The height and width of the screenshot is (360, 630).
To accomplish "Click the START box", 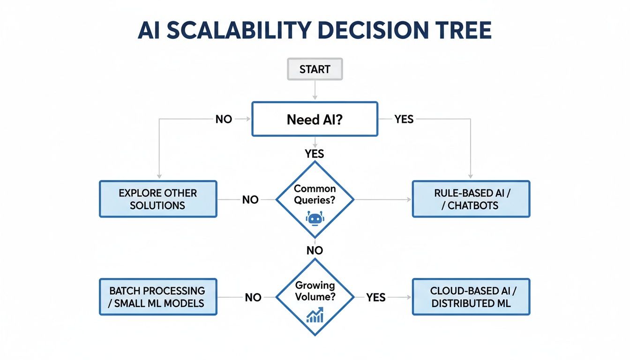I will click(x=315, y=69).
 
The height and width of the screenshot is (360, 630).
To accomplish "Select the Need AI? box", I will click(x=315, y=120).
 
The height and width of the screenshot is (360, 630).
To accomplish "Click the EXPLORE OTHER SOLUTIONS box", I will click(x=158, y=199).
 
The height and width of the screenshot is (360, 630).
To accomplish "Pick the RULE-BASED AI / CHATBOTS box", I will click(x=471, y=199).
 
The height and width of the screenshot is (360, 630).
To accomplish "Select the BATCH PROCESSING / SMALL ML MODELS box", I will click(x=158, y=297).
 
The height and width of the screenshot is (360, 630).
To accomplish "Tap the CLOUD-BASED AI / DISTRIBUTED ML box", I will click(x=471, y=297).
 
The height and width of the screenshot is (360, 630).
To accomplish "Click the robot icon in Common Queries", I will click(x=315, y=218).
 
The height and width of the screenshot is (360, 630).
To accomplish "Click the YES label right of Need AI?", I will click(x=404, y=120).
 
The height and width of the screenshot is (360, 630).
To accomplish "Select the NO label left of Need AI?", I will click(x=224, y=120).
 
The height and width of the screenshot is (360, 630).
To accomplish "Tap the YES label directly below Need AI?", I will click(x=315, y=153).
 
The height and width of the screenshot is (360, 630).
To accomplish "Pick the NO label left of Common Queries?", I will click(x=250, y=200).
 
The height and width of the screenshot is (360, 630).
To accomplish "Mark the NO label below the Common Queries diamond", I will click(x=315, y=251).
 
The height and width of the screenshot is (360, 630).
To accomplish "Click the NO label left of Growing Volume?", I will click(x=253, y=297).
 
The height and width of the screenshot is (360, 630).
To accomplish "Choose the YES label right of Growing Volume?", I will click(x=375, y=297).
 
